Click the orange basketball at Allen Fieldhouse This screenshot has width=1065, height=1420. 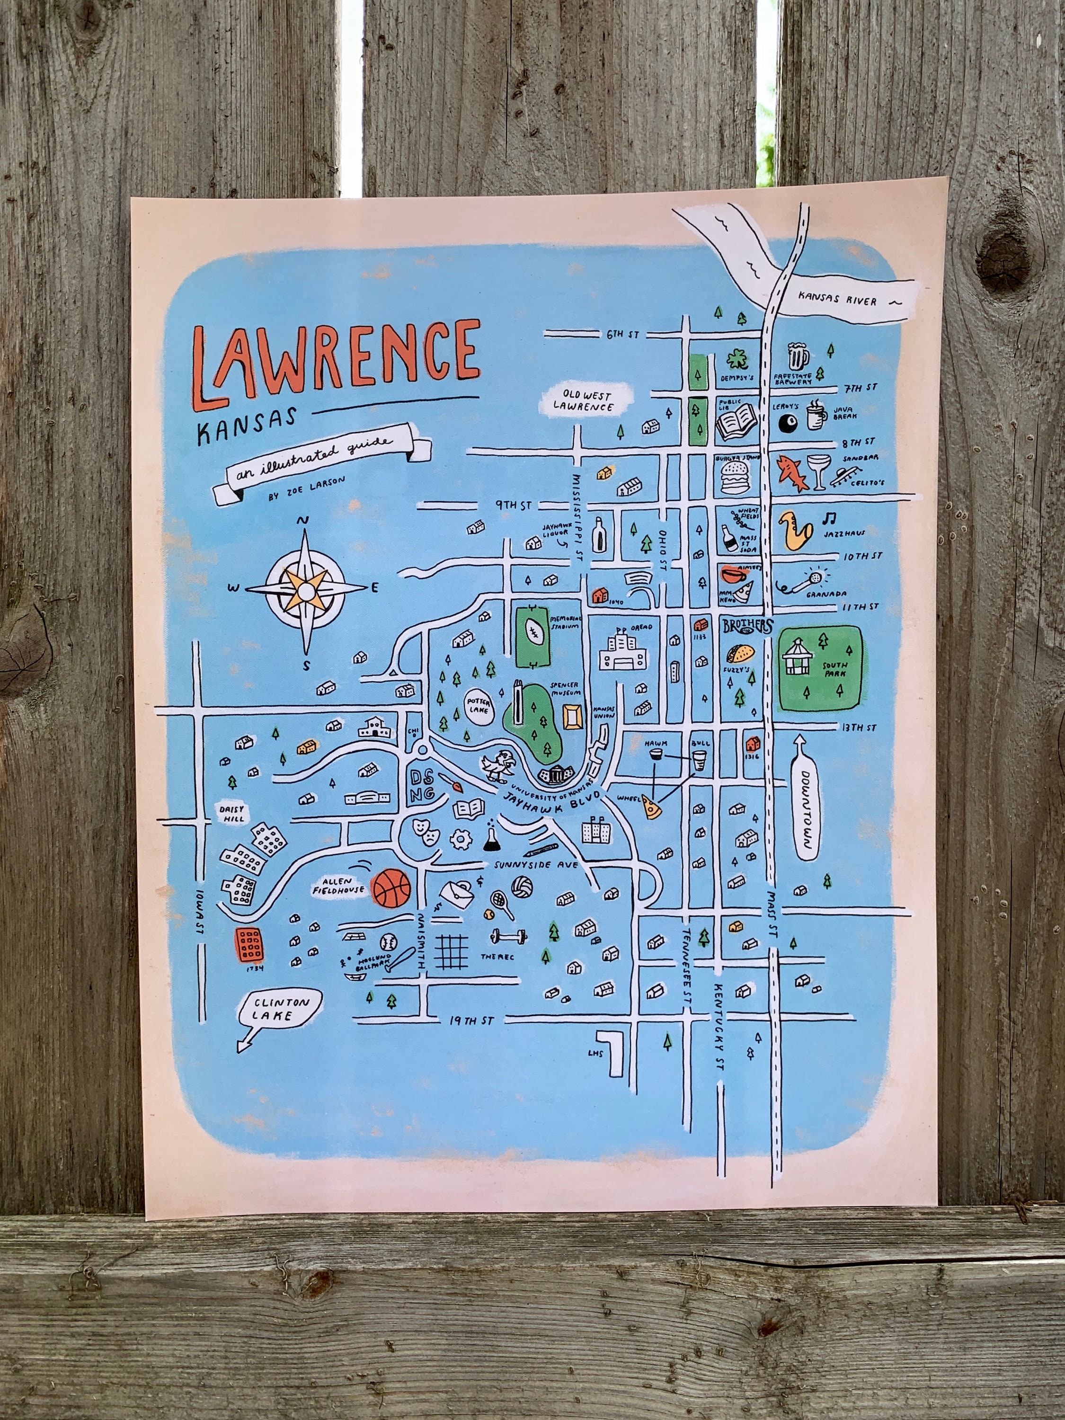coord(391,888)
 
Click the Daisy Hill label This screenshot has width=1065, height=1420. coord(231,814)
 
